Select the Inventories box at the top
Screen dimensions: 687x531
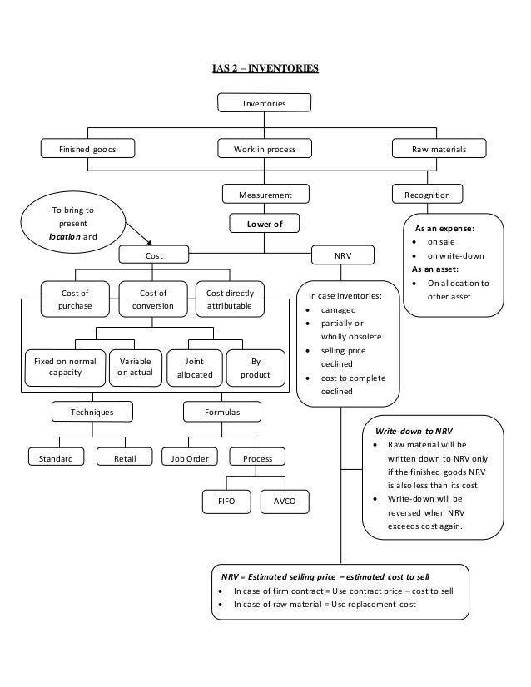[264, 103]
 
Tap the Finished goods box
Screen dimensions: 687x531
[88, 149]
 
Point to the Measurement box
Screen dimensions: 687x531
[264, 195]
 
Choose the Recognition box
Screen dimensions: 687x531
[427, 195]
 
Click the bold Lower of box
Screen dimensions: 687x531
[264, 224]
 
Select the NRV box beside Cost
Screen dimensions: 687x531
[343, 256]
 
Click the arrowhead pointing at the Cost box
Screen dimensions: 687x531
[150, 244]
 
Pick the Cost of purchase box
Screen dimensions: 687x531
[76, 299]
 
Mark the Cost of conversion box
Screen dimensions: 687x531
[153, 299]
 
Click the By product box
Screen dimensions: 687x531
[256, 368]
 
